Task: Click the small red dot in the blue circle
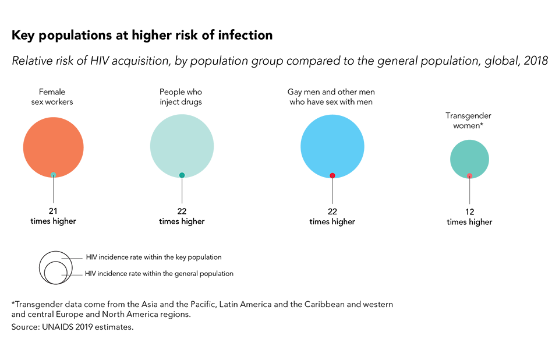[x=332, y=175]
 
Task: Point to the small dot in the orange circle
[x=54, y=175]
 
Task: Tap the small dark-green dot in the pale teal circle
[x=182, y=175]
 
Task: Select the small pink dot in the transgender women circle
[x=469, y=176]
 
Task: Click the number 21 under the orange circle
[x=53, y=211]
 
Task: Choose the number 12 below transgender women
[x=469, y=211]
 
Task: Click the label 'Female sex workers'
[x=52, y=97]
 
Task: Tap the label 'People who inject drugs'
[x=181, y=97]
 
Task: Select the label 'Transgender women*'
[x=469, y=120]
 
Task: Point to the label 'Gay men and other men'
[x=331, y=92]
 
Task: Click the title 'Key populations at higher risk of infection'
[x=142, y=35]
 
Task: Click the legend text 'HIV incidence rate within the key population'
[x=154, y=257]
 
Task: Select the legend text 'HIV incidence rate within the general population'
[x=159, y=273]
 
